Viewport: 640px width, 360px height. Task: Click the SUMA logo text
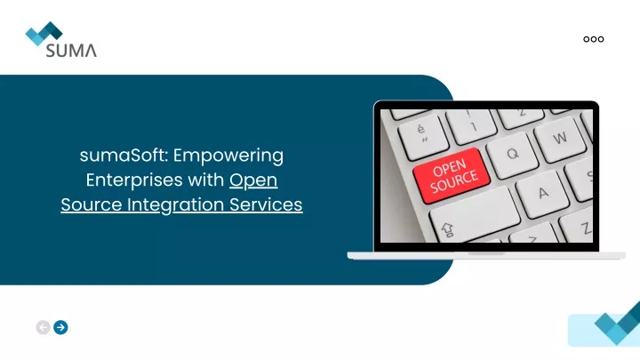click(71, 50)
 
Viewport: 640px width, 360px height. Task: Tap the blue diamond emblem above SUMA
click(44, 33)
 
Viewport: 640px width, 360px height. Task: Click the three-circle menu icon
click(594, 39)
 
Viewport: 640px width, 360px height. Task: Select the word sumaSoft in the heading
click(124, 156)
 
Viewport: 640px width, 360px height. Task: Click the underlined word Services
click(266, 205)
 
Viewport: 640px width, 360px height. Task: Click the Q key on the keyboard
click(513, 155)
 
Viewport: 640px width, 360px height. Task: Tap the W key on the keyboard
click(561, 138)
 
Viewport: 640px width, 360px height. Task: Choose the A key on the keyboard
click(543, 194)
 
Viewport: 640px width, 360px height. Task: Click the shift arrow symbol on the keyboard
click(448, 230)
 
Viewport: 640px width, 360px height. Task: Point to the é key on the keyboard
click(422, 133)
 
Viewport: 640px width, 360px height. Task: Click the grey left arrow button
click(43, 327)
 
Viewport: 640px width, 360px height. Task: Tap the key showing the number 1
click(471, 124)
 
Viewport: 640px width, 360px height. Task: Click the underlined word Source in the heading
click(92, 205)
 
